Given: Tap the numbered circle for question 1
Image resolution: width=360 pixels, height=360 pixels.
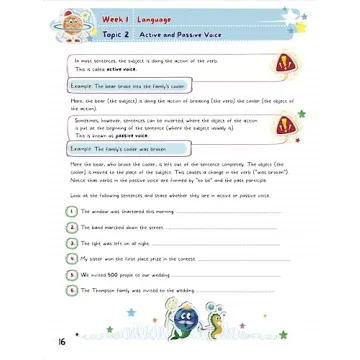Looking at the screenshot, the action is pyautogui.click(x=72, y=212).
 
